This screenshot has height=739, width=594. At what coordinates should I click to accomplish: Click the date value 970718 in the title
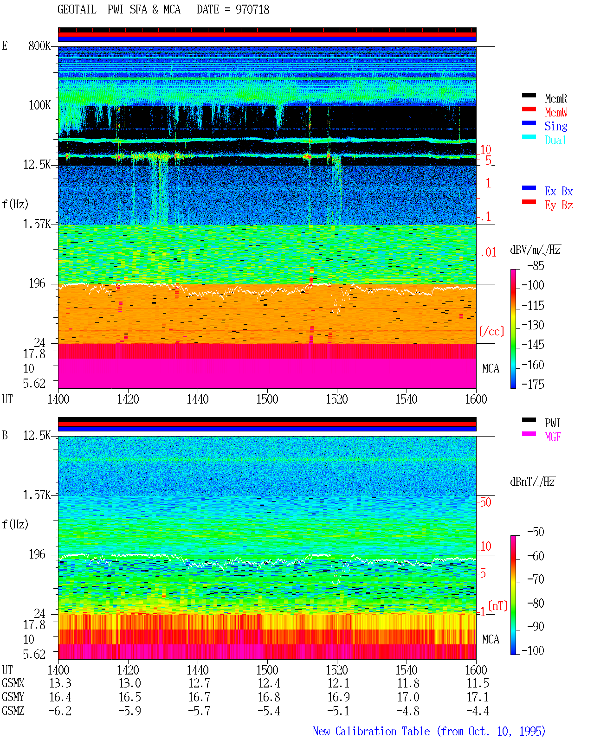tap(252, 10)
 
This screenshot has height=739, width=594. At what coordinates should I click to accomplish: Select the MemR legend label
tap(555, 98)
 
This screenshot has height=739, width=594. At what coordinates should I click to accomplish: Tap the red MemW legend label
tap(555, 112)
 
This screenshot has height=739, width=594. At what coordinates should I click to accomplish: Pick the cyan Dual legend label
tap(555, 140)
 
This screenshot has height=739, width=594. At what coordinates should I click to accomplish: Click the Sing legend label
tap(555, 126)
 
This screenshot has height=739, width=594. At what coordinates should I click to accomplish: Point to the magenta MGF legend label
tap(553, 437)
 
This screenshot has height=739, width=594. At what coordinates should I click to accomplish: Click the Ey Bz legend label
tap(558, 205)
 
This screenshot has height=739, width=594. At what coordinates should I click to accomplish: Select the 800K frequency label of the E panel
tap(39, 45)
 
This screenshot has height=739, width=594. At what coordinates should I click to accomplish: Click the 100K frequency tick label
tap(39, 105)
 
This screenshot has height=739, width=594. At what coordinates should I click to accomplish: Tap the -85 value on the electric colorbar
tap(536, 265)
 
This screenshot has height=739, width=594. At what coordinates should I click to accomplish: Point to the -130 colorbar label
tap(533, 325)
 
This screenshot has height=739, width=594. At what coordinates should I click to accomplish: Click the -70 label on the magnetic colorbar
tap(536, 579)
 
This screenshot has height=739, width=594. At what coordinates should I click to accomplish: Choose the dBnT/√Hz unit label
tap(532, 482)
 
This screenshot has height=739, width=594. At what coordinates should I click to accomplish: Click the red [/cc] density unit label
tap(491, 331)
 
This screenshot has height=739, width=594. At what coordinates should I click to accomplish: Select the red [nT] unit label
tap(498, 606)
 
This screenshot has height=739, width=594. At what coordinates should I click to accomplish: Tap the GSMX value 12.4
tap(269, 683)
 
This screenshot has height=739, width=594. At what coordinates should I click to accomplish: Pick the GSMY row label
tap(13, 697)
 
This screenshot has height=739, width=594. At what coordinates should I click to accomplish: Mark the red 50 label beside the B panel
tap(485, 502)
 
